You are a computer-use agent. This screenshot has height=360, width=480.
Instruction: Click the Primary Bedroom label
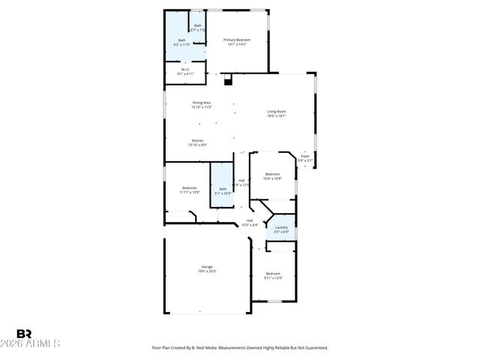tap(237, 40)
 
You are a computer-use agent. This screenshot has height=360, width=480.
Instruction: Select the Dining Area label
tap(201, 103)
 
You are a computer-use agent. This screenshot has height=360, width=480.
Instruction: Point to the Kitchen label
tap(197, 140)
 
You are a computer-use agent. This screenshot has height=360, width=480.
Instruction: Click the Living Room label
tap(277, 112)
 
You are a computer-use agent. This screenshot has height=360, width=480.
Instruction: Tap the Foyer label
tap(304, 156)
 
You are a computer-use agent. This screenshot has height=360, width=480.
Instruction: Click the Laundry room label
tap(281, 227)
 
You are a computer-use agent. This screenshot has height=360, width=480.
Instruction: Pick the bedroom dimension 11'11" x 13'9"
tap(189, 193)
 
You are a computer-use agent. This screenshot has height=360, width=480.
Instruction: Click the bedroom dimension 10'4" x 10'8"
tap(271, 179)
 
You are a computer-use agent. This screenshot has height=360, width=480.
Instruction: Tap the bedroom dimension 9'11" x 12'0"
tap(273, 278)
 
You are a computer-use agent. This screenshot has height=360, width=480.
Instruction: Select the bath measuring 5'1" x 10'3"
tap(222, 193)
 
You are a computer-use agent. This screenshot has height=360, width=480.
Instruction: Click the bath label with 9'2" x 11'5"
tap(181, 45)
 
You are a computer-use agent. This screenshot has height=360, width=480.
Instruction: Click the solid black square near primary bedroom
tap(227, 79)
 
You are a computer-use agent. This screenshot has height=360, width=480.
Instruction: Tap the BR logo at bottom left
tap(24, 334)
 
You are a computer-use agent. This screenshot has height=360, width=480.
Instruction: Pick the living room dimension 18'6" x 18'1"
tap(277, 116)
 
